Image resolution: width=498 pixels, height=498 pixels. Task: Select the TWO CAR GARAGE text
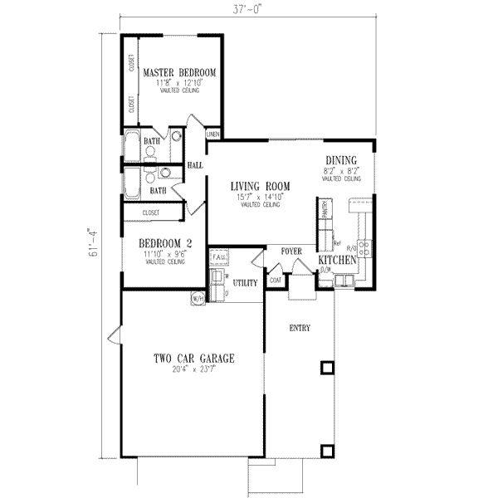click(193, 359)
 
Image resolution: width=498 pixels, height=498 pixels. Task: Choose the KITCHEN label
click(339, 261)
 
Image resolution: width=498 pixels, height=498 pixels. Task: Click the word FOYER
click(290, 250)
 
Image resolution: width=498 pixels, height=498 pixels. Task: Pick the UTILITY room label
click(246, 283)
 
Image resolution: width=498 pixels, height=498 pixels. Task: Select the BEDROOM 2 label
click(165, 243)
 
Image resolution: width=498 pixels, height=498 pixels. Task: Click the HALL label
click(196, 166)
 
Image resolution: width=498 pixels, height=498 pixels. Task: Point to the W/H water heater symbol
click(198, 297)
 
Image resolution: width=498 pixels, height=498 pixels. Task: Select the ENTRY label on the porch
click(299, 328)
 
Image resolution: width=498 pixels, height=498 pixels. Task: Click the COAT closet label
click(275, 281)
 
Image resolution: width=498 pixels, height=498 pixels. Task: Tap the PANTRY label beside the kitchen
click(327, 212)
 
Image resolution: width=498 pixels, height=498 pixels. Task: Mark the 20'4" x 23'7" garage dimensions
click(193, 370)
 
